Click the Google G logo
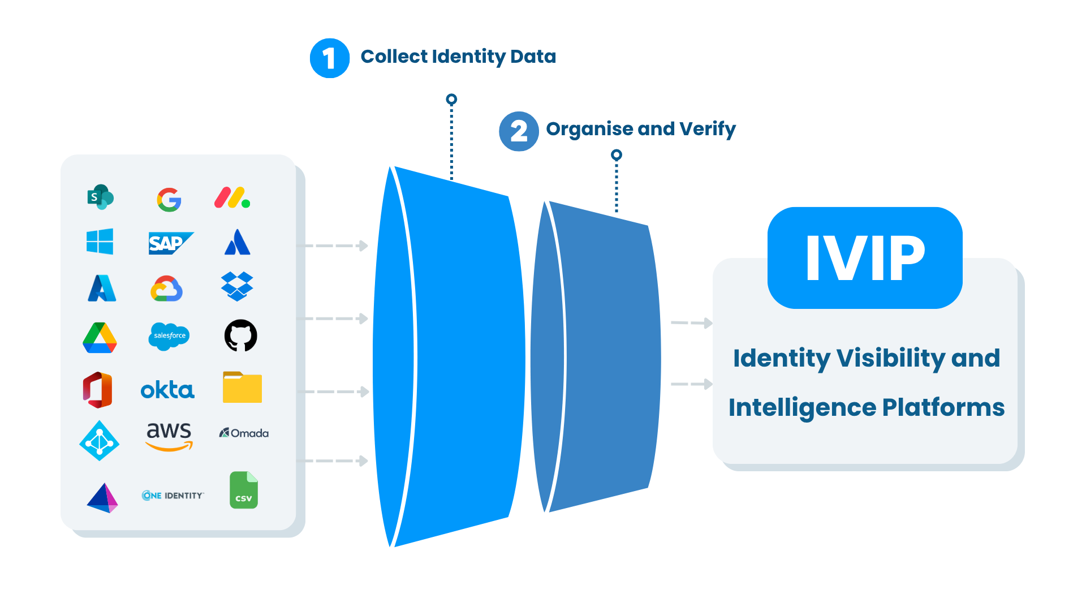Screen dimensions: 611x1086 click(169, 200)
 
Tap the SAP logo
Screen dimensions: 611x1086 click(170, 243)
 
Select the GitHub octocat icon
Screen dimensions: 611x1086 click(240, 335)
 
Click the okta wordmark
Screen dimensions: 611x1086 click(167, 390)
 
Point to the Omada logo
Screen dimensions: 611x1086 click(244, 433)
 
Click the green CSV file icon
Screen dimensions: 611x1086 click(244, 490)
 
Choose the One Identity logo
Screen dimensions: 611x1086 click(173, 496)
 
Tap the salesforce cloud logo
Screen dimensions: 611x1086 click(169, 336)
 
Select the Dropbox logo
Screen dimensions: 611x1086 click(237, 286)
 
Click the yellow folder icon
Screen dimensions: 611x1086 click(242, 388)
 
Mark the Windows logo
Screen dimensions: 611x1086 click(100, 242)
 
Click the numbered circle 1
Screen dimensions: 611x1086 click(330, 58)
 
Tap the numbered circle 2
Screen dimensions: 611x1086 click(519, 131)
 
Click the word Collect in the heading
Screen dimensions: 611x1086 click(394, 57)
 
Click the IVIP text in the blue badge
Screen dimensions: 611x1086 click(865, 258)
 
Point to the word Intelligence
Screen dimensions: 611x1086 click(801, 407)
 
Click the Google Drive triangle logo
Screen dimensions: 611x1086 click(100, 338)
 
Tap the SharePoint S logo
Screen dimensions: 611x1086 click(100, 197)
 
